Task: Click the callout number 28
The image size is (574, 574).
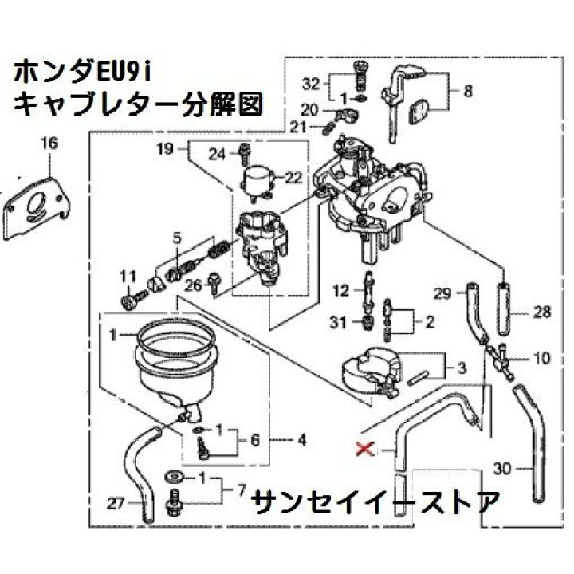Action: pyautogui.click(x=542, y=313)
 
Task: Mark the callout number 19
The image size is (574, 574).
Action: pyautogui.click(x=165, y=149)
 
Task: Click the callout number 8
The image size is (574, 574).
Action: pyautogui.click(x=467, y=92)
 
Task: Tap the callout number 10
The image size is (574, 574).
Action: pyautogui.click(x=541, y=359)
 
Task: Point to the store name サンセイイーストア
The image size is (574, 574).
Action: pyautogui.click(x=375, y=501)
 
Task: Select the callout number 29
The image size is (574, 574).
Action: pyautogui.click(x=442, y=295)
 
